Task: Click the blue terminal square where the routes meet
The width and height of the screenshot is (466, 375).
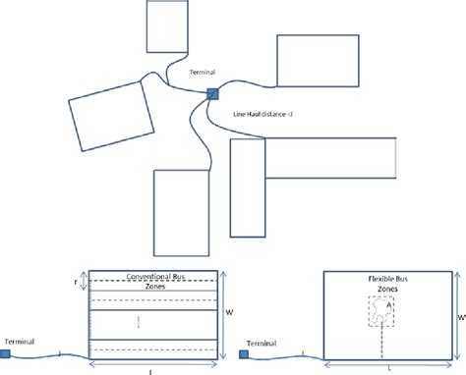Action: coord(211,93)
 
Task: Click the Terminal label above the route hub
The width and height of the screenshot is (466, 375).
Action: coord(200,71)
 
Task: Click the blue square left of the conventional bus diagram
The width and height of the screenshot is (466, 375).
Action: coord(6,353)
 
